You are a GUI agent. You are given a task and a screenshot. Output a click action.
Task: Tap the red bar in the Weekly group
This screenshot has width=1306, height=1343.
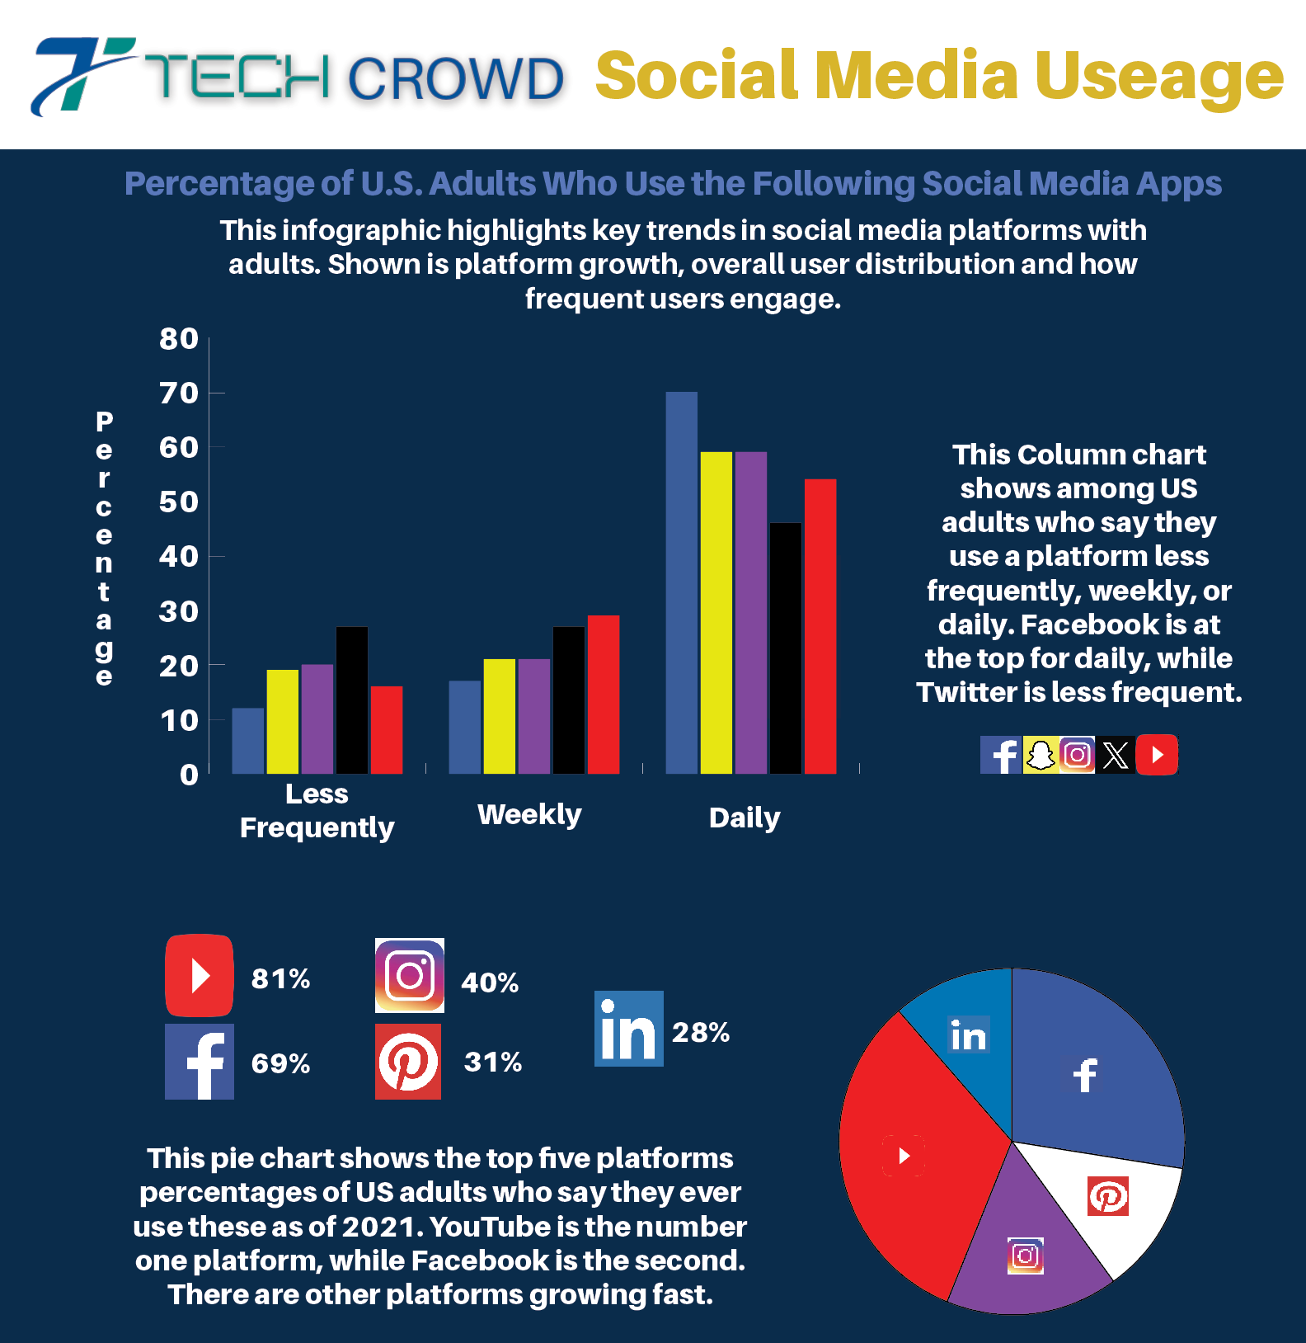click(x=603, y=694)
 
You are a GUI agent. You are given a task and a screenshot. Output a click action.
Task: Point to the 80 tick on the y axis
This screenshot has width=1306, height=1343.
click(x=179, y=339)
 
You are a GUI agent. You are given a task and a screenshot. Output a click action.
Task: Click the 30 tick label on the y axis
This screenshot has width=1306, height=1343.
click(x=179, y=612)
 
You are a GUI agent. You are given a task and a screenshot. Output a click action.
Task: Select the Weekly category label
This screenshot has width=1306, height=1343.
click(x=529, y=814)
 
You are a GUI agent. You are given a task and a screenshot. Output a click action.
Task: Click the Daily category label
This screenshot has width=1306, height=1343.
click(x=744, y=818)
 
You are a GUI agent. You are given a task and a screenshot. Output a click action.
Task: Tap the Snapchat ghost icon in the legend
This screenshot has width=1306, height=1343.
click(x=1041, y=755)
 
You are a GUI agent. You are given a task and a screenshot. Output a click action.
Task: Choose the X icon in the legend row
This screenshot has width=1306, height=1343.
click(x=1115, y=755)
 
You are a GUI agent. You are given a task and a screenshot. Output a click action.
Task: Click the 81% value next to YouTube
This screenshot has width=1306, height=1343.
click(x=280, y=978)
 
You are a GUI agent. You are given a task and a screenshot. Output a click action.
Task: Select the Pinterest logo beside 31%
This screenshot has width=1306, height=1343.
click(x=408, y=1062)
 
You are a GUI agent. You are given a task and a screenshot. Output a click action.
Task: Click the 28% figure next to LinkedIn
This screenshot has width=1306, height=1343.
click(x=700, y=1032)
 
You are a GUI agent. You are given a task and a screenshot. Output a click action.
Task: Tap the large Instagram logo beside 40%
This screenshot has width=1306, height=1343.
click(x=410, y=975)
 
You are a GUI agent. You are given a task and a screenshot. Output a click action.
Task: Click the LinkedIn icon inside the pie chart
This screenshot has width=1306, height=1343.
click(x=968, y=1035)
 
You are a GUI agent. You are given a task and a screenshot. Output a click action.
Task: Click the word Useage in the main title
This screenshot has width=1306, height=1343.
click(x=1158, y=76)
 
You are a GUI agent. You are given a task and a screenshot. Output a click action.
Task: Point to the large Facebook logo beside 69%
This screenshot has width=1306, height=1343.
click(x=200, y=1062)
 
